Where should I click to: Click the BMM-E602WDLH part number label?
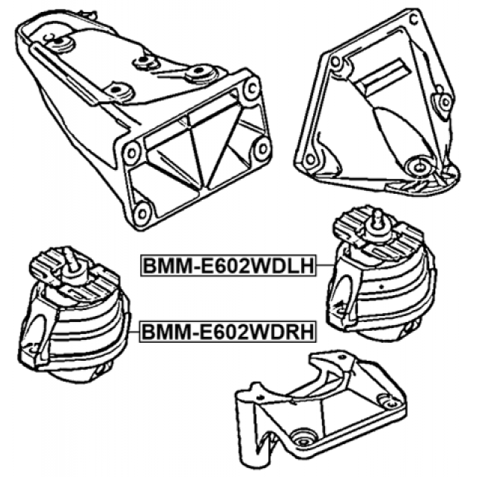228,265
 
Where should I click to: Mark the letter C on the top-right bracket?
414,20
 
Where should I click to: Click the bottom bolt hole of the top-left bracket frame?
143,213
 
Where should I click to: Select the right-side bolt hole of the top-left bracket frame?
262,148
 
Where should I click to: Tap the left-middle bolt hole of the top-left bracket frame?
132,153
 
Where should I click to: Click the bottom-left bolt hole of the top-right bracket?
309,159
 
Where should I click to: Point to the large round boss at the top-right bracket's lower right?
420,166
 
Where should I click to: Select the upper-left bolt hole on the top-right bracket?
335,62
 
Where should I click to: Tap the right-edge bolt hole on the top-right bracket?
445,101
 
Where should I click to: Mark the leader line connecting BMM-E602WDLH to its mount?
326,265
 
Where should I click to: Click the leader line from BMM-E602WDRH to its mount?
134,332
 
